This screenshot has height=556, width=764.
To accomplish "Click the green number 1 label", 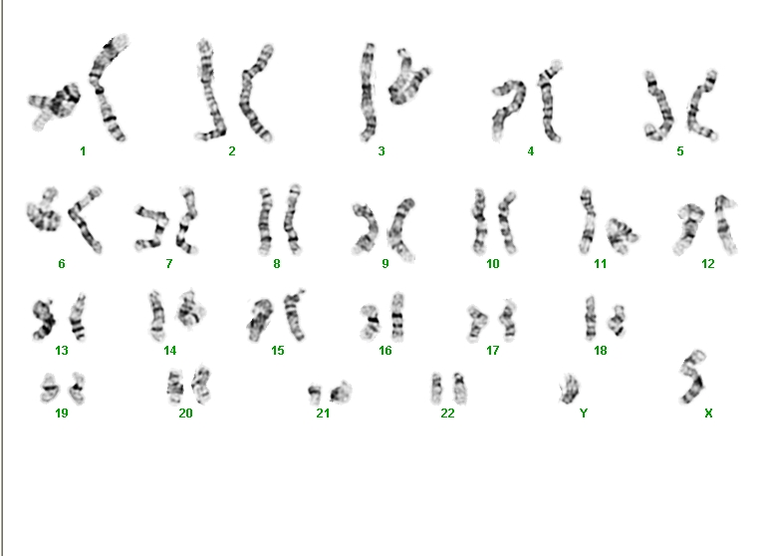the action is (83, 151).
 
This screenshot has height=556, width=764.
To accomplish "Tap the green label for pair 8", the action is (277, 264).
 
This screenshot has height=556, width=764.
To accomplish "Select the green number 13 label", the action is (62, 351).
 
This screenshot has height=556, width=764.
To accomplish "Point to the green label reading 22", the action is (447, 414).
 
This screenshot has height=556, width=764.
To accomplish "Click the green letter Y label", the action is (584, 414).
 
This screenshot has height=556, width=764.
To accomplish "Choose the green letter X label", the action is (708, 414).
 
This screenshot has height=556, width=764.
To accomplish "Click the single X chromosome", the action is (694, 378).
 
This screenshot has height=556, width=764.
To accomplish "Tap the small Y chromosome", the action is (569, 390).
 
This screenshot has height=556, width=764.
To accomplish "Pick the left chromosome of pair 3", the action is (368, 93).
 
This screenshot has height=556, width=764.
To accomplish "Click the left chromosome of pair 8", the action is (265, 222).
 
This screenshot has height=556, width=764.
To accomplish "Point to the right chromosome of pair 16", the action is (397, 317).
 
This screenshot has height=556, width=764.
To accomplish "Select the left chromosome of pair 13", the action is (44, 319).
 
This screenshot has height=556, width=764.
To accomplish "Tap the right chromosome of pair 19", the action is (77, 389).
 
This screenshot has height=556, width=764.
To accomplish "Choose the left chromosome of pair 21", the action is (315, 394).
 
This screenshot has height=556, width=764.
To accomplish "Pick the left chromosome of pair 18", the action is (591, 318).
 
